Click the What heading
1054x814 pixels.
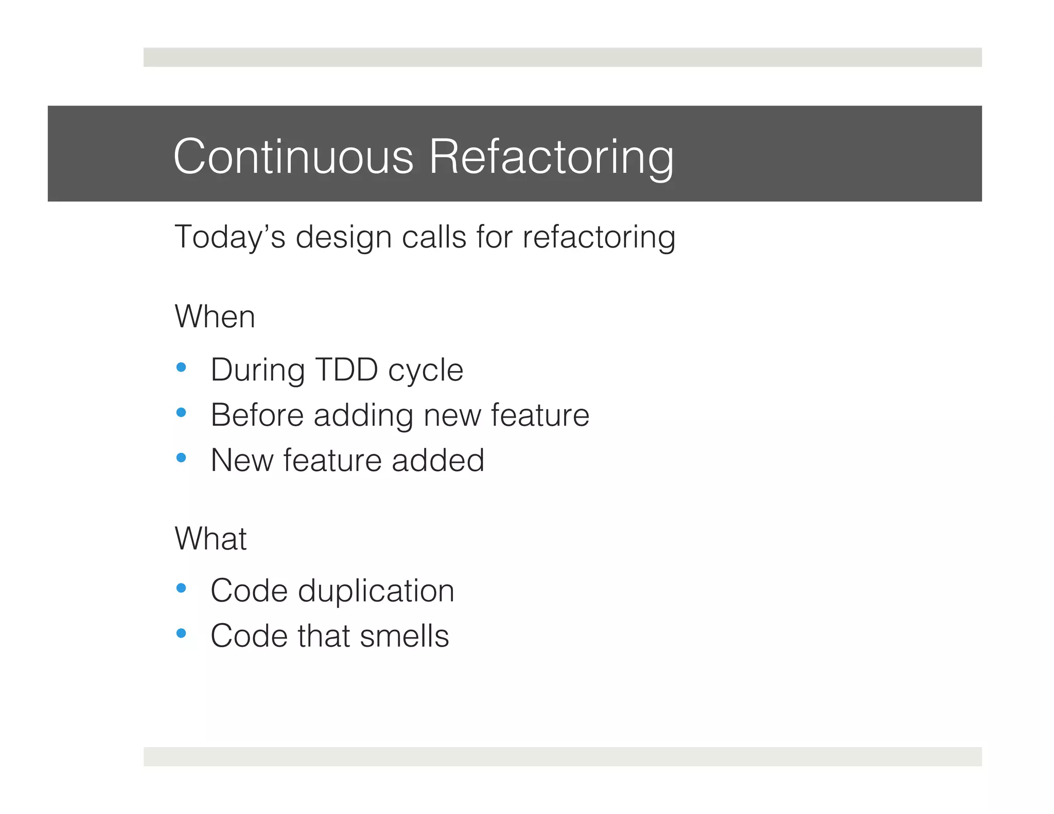click(x=210, y=538)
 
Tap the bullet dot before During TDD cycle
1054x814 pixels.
click(x=181, y=367)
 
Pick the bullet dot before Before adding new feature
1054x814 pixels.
click(x=181, y=412)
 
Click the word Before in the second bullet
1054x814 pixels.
click(x=257, y=415)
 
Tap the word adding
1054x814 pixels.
click(x=363, y=416)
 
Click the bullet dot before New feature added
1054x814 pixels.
click(x=181, y=457)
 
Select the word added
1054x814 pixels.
click(x=437, y=460)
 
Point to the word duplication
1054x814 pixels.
click(x=376, y=591)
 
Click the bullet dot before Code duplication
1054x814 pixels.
click(x=181, y=588)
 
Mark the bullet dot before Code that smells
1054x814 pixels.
click(x=181, y=633)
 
